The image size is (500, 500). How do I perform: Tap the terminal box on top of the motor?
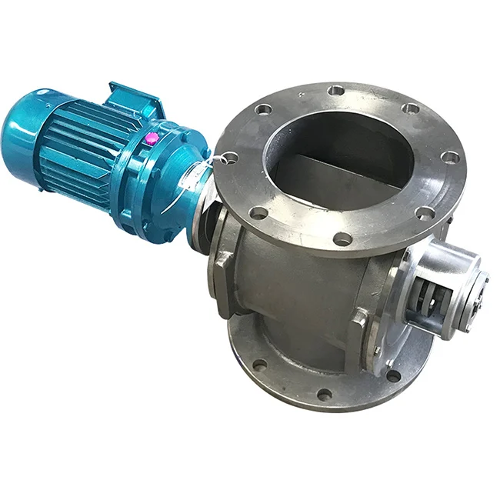(x=135, y=98)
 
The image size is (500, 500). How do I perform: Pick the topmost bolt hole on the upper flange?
(x=335, y=91)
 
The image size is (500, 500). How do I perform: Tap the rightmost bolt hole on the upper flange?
(x=450, y=157)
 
